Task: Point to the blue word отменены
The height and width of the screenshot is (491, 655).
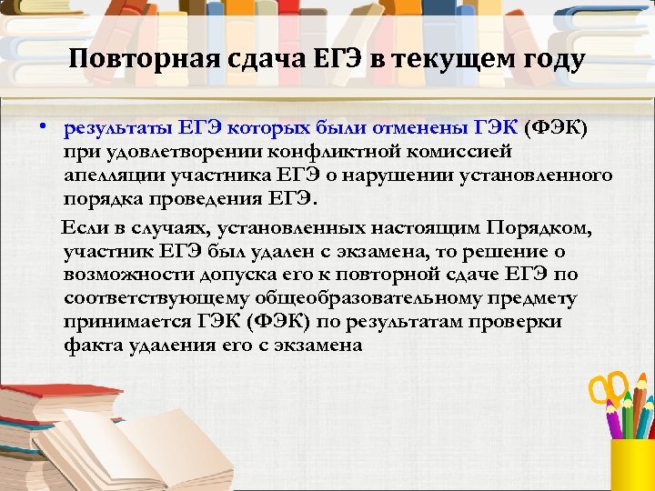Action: tap(410, 125)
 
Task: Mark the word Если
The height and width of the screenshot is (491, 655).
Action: tap(82, 226)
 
